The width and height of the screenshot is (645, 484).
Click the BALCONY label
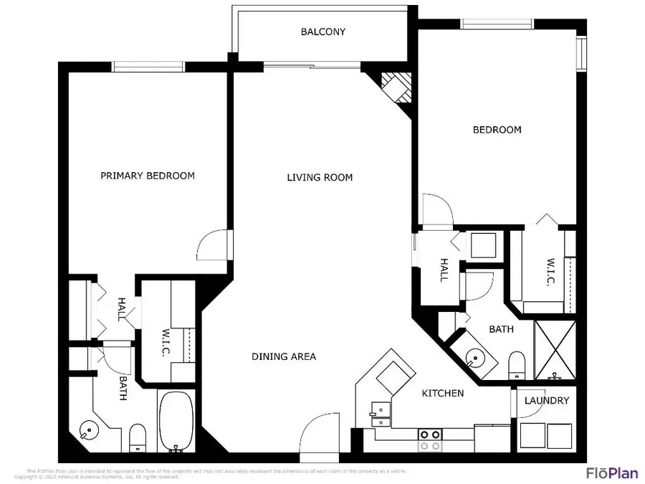[322, 32]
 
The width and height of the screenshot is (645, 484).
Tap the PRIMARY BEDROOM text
[147, 176]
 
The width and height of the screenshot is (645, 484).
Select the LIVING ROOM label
[320, 177]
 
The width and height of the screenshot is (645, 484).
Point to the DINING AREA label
[284, 356]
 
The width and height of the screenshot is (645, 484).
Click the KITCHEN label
[442, 393]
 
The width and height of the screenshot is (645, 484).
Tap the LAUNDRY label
[547, 401]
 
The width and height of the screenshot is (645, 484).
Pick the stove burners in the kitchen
[429, 440]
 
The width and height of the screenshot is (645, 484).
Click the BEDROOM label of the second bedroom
[497, 130]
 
